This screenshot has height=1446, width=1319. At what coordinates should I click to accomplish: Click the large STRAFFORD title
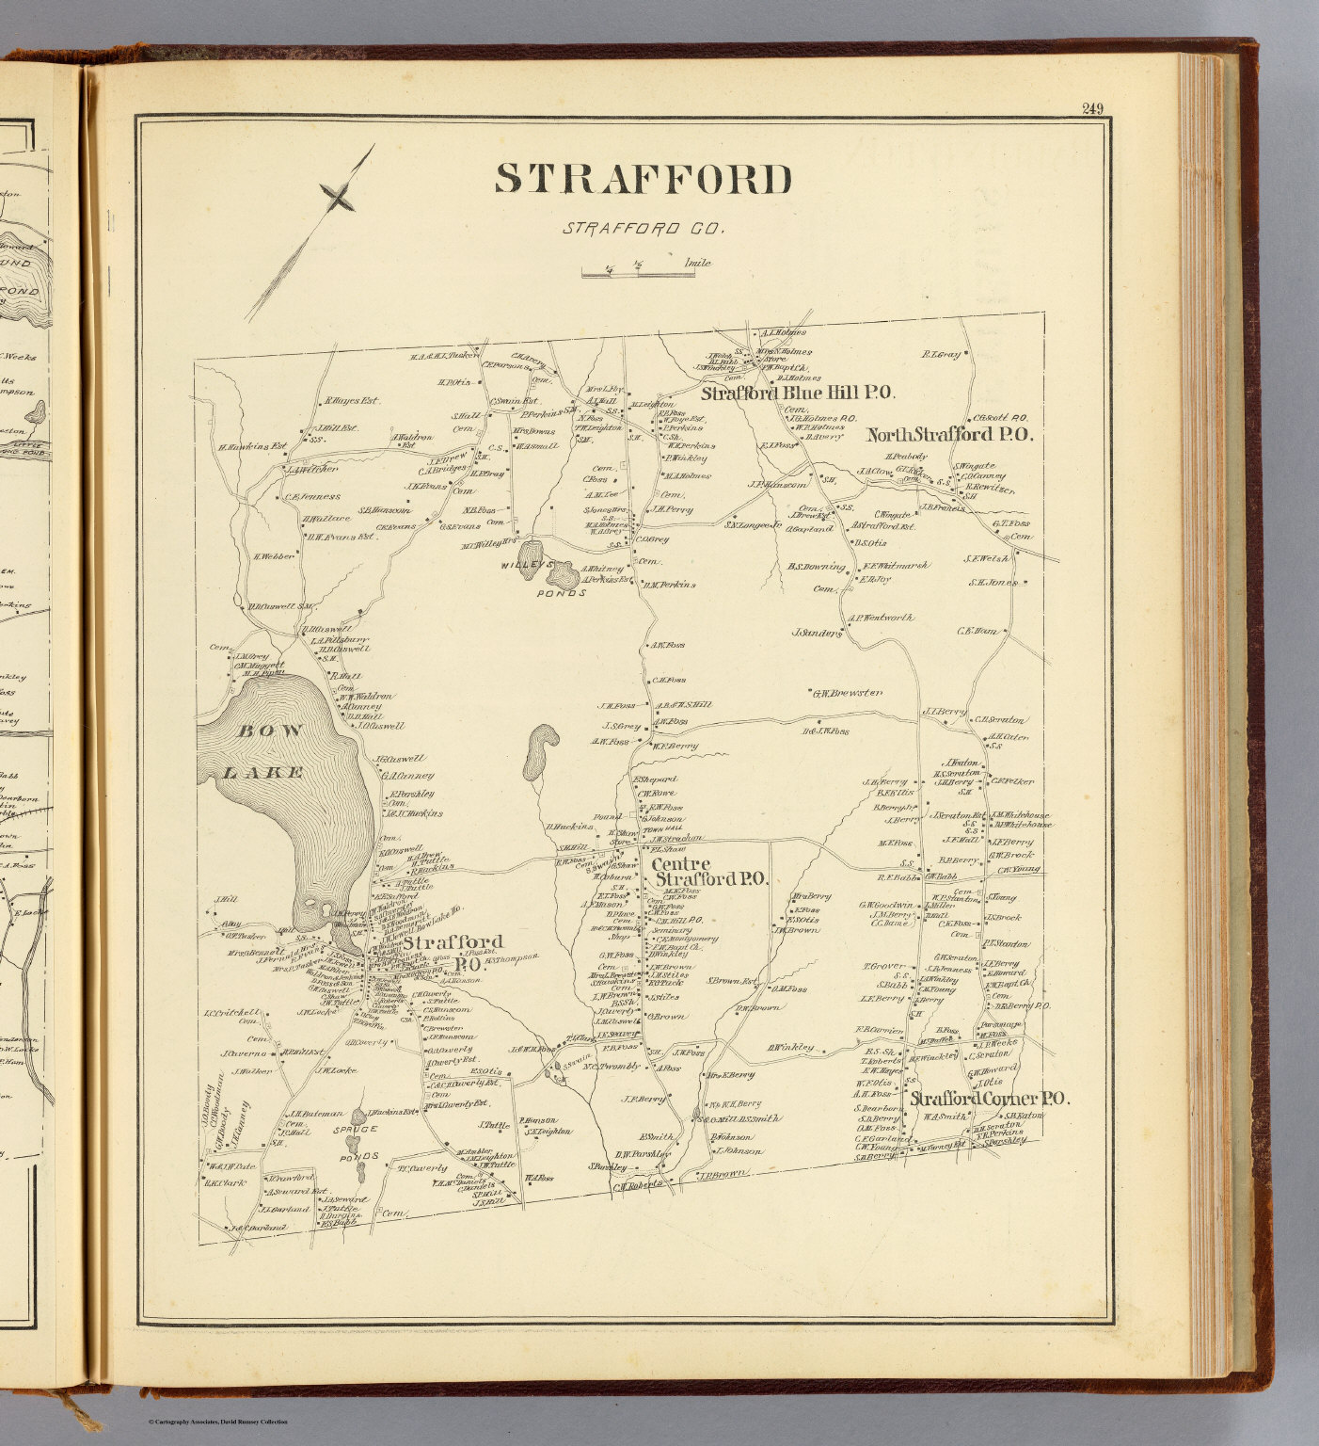point(644,179)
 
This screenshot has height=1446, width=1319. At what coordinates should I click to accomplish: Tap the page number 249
point(1092,108)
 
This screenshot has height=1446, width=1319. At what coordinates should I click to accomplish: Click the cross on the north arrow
point(338,197)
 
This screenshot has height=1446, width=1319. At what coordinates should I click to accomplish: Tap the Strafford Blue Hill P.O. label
point(797,394)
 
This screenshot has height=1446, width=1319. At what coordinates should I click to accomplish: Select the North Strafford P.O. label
point(949,435)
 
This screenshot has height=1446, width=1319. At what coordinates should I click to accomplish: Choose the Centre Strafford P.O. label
point(708,872)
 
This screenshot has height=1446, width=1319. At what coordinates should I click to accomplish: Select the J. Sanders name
point(817,634)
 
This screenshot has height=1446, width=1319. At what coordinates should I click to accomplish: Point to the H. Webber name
point(274,556)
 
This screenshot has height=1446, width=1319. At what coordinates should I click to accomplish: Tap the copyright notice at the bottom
point(217,1422)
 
